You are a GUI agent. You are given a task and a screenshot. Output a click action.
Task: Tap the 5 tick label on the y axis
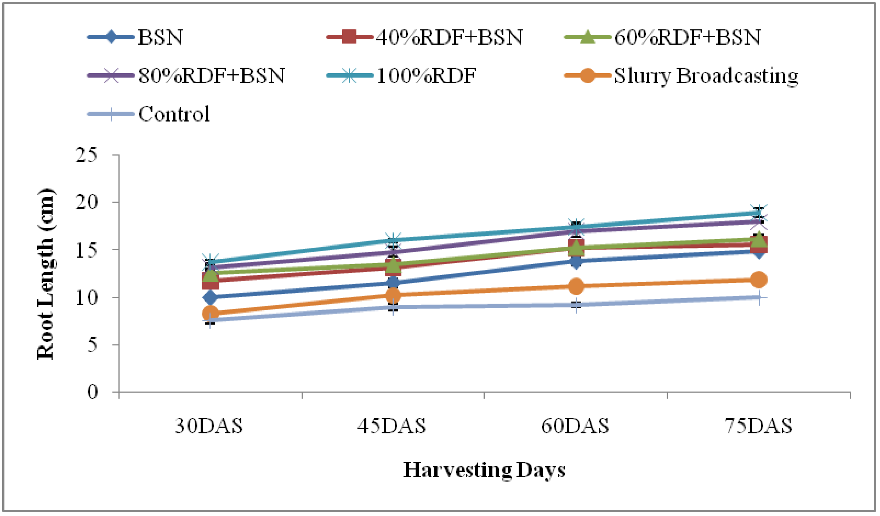pyautogui.click(x=92, y=345)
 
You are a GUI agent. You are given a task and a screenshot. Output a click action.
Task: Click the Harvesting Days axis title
pyautogui.click(x=484, y=470)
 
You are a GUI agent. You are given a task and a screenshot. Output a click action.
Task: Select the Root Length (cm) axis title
pyautogui.click(x=46, y=274)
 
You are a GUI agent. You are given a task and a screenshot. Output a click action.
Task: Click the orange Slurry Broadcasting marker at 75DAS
pyautogui.click(x=758, y=280)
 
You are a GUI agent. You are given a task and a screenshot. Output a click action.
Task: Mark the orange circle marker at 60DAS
pyautogui.click(x=576, y=286)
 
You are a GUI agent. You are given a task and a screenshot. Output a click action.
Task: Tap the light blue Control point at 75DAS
pyautogui.click(x=758, y=298)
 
